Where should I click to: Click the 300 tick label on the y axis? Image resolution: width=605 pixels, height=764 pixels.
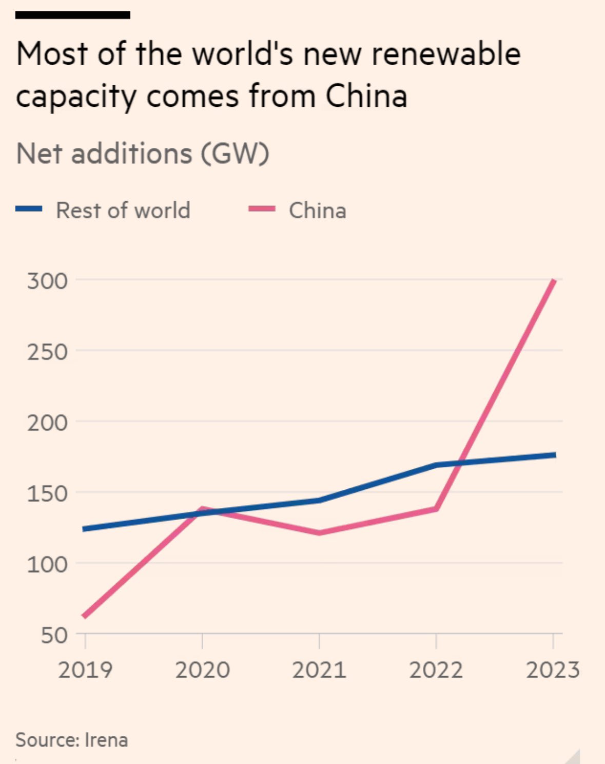[47, 281]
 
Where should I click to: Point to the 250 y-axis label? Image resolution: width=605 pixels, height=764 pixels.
[47, 352]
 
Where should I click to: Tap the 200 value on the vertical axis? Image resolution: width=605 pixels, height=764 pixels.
[47, 423]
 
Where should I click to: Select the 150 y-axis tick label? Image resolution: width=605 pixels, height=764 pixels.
[47, 493]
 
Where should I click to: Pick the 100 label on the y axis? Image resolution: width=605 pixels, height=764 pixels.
[47, 564]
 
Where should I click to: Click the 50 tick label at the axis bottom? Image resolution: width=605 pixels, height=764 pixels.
[54, 635]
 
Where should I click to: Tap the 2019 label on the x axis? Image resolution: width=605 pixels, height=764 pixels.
[85, 670]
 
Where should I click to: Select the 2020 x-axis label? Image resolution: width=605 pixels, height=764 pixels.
[202, 670]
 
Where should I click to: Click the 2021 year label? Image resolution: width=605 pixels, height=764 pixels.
[319, 670]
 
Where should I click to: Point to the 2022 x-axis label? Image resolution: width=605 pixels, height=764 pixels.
[436, 670]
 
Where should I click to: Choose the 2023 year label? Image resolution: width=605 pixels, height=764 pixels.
[553, 670]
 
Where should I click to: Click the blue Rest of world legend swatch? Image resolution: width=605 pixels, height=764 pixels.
[29, 209]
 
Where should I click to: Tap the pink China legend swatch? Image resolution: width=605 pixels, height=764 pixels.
[262, 209]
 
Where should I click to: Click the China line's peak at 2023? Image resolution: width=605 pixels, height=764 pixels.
[554, 280]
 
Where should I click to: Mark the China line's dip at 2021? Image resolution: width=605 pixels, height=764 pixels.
[319, 532]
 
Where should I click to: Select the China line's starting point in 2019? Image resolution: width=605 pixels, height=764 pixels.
[85, 616]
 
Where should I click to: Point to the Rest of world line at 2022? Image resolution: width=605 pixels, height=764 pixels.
[436, 465]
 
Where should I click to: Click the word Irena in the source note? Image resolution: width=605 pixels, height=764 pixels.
[106, 740]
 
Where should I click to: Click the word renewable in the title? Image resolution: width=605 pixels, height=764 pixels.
[446, 54]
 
